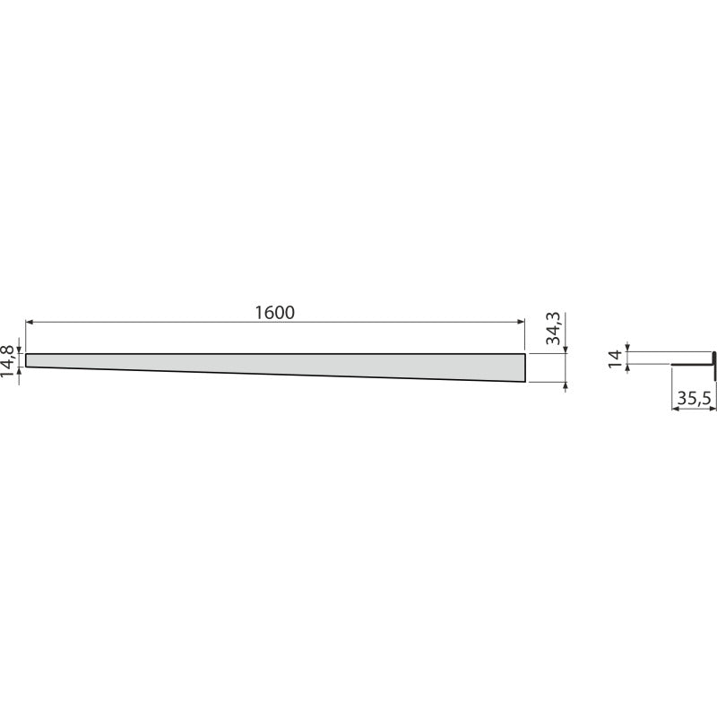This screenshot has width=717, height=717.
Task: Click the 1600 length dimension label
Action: tap(274, 313)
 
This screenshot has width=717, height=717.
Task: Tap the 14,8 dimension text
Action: tap(7, 361)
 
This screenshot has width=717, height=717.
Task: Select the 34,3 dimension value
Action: tap(553, 329)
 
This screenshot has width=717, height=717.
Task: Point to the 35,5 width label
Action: tap(694, 399)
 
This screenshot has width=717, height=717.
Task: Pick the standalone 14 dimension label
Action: tap(616, 358)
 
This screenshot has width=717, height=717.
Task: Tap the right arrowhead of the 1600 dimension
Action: tap(521, 322)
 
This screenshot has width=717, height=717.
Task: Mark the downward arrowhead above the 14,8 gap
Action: tap(19, 350)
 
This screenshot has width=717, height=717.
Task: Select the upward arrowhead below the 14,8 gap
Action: tap(19, 371)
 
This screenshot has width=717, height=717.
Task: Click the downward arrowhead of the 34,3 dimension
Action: tap(566, 350)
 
